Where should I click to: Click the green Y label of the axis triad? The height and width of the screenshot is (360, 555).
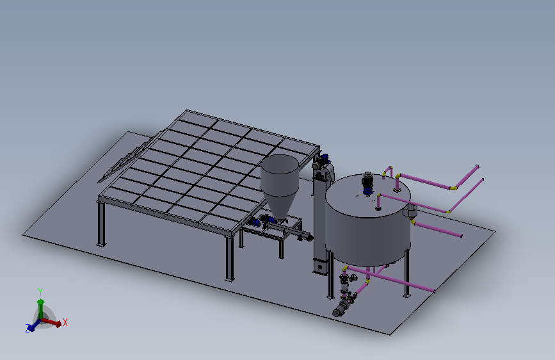click(40, 292)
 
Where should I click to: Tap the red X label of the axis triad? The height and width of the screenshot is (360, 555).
click(65, 322)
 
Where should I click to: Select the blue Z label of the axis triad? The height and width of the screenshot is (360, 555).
click(28, 328)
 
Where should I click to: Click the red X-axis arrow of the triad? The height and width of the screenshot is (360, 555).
click(52, 322)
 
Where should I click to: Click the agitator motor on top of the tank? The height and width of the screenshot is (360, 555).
click(367, 184)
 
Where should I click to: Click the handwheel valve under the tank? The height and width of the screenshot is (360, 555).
click(353, 277)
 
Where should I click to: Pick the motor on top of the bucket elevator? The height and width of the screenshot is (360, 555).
click(319, 161)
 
